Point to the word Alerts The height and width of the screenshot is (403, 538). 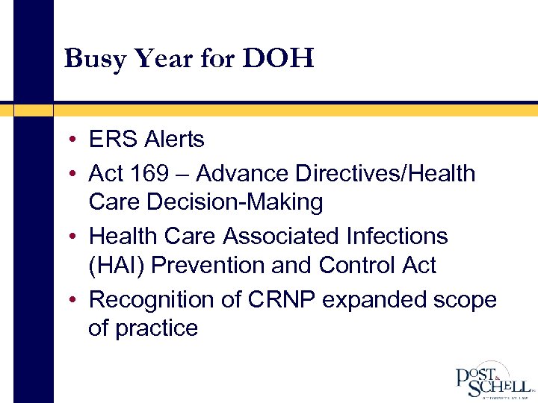click(174, 140)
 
